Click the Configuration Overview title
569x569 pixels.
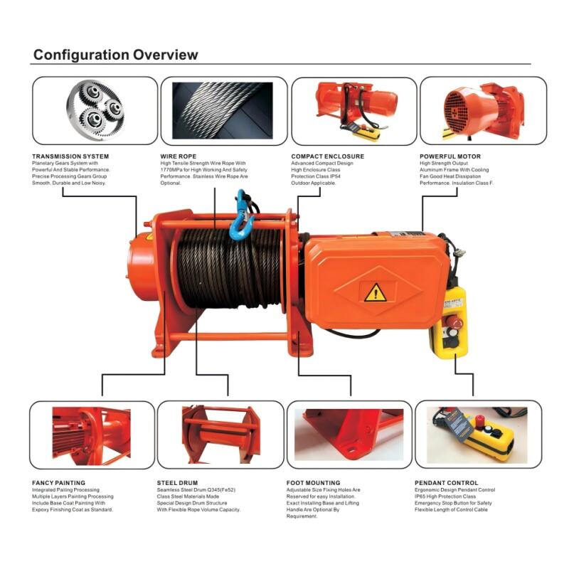(x=115, y=55)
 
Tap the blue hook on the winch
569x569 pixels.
(x=240, y=216)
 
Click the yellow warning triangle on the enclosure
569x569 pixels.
(x=376, y=292)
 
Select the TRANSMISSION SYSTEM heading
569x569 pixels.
(x=70, y=156)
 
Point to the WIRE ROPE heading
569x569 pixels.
(x=179, y=156)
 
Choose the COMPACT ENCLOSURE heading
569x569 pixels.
(x=327, y=156)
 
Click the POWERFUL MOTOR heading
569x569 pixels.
(x=450, y=156)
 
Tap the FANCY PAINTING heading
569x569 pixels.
(x=58, y=483)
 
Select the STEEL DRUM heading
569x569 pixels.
(x=177, y=483)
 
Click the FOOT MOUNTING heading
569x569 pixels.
(x=313, y=483)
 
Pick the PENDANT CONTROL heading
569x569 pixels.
(x=447, y=483)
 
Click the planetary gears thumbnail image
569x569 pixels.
(x=95, y=110)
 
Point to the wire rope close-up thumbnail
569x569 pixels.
(x=223, y=110)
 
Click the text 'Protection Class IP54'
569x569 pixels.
(x=316, y=176)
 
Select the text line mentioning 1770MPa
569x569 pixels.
(x=203, y=170)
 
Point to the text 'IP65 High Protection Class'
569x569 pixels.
(x=445, y=496)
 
